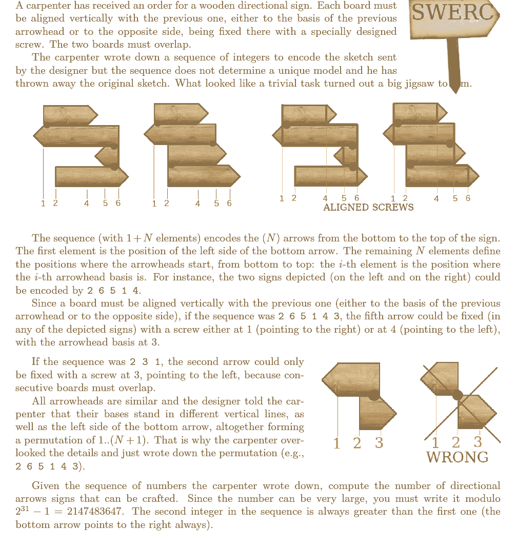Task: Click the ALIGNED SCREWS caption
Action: (x=368, y=208)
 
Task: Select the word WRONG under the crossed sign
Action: (x=457, y=457)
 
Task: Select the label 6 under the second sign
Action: (x=229, y=204)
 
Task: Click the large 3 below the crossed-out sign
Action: (x=478, y=441)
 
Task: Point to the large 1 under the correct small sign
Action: (x=337, y=443)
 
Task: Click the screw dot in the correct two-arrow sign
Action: (x=374, y=395)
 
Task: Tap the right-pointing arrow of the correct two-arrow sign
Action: (x=377, y=413)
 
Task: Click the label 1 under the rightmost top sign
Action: (x=393, y=199)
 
